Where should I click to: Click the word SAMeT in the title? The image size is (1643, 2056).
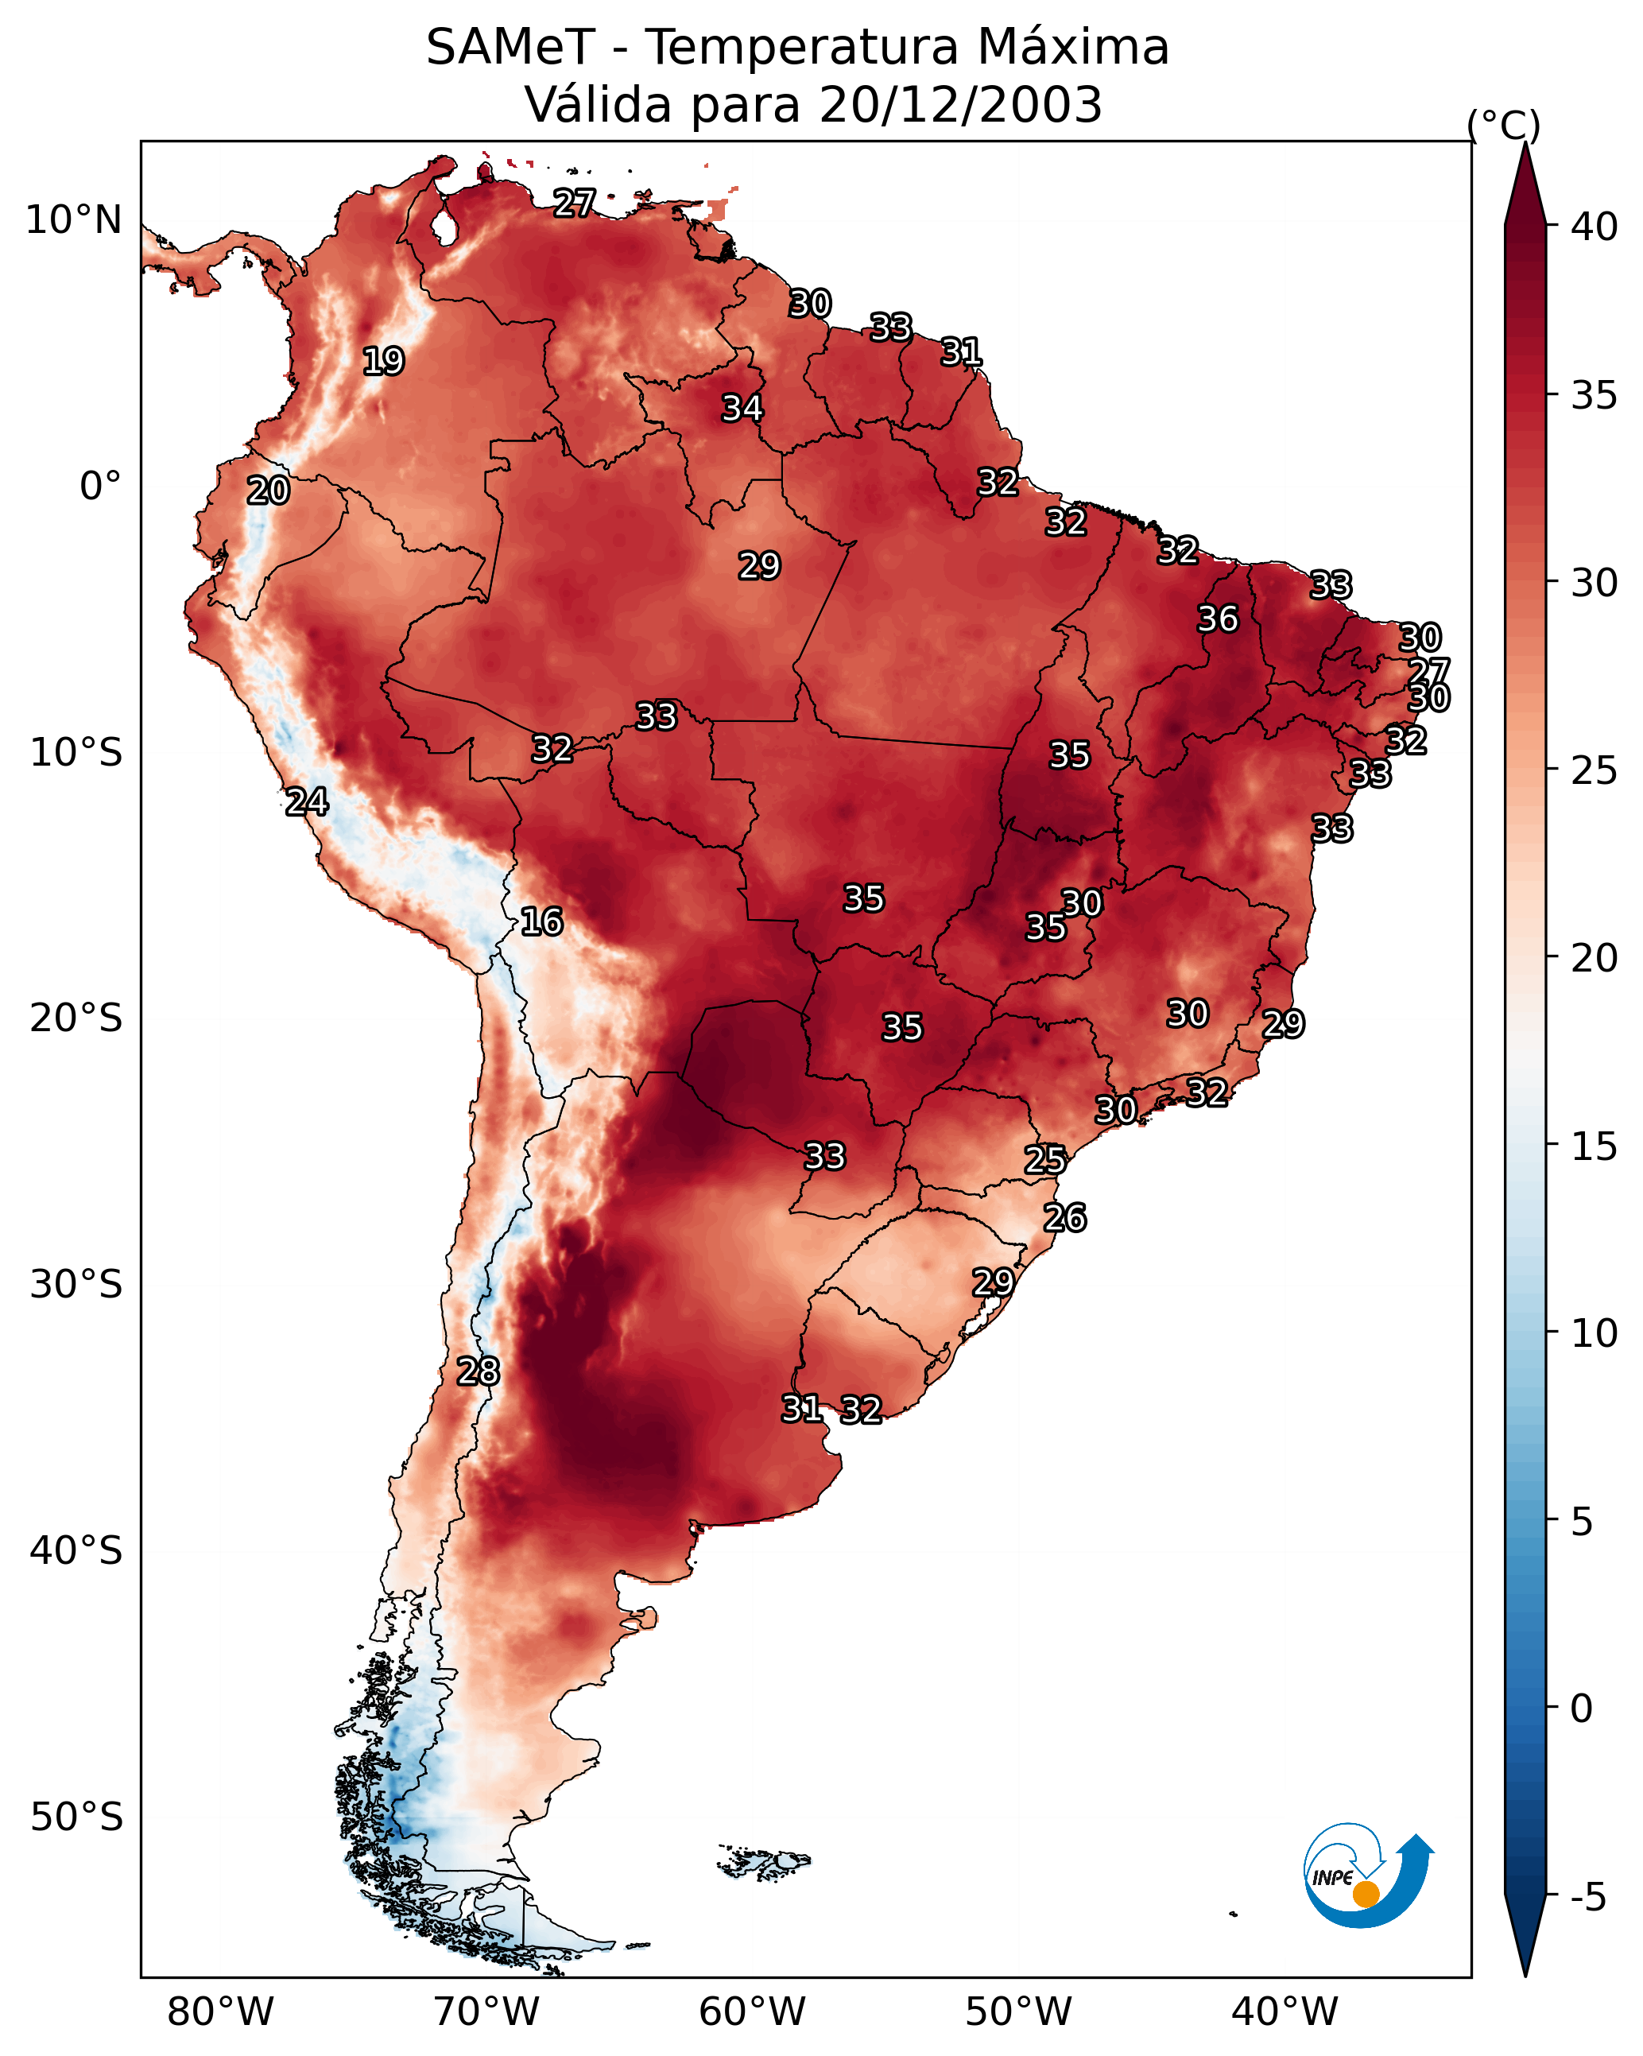point(510,48)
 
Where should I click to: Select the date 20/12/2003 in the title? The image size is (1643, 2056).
point(960,105)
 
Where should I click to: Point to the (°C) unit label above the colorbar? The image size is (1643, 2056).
point(1503,125)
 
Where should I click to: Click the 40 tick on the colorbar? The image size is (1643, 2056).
point(1595,227)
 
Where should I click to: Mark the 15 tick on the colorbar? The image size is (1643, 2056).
point(1595,1146)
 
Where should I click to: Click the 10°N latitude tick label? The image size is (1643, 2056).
point(73,220)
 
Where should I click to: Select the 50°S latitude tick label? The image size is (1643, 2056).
point(76,1817)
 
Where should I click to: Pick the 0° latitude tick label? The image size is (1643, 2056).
point(100,487)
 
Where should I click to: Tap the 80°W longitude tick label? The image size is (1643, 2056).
point(220,2012)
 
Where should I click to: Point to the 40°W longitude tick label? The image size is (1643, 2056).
point(1285,2012)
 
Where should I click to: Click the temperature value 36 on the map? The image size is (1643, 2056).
point(1218,619)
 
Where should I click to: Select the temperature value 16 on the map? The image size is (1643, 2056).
point(541,921)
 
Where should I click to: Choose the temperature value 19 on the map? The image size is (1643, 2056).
point(383,362)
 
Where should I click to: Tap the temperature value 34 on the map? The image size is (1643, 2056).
point(742,408)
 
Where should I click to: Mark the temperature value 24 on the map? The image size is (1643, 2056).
point(307,802)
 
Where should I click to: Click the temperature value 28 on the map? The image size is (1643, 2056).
point(478,1371)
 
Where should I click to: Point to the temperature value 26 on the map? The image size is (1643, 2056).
point(1064,1218)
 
